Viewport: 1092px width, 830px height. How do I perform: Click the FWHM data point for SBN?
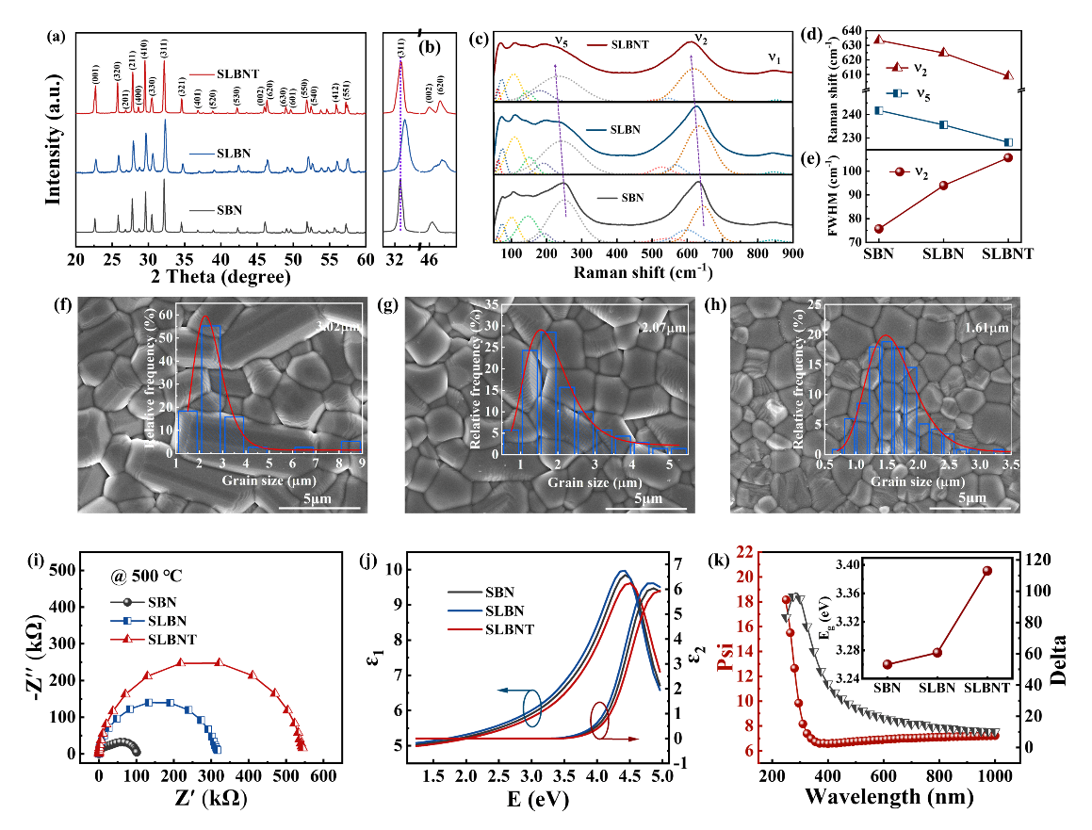[x=879, y=229]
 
